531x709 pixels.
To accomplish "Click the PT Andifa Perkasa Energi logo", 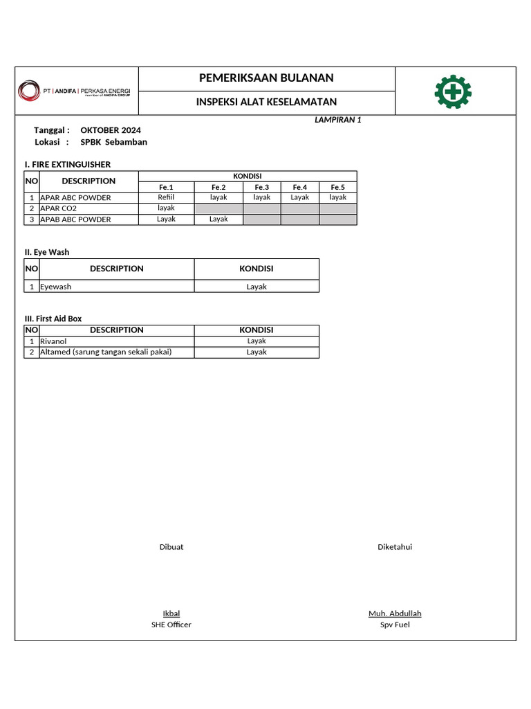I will (76, 91).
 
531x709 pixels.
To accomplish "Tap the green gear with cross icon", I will (453, 91).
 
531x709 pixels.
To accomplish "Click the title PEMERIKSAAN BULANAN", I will (266, 78).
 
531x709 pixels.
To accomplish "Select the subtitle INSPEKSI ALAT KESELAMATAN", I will (266, 102).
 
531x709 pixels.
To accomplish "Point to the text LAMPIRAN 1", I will (338, 120).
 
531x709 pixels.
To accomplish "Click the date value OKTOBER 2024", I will (111, 130).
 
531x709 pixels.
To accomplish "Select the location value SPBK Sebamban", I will (113, 142).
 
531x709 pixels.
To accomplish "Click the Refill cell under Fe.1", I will (166, 197).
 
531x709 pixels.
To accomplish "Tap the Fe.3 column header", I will (262, 187).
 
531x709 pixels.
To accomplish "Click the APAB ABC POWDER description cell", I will (75, 219).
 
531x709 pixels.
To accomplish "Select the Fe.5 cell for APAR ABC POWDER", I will (337, 197).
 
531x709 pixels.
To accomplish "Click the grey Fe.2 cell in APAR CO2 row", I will (218, 208).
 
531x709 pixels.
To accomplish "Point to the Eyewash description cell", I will (56, 287).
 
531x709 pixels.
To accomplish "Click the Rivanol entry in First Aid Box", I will (53, 341).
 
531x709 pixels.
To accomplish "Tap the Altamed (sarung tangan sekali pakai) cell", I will (106, 352).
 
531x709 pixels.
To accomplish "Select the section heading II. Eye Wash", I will (47, 252).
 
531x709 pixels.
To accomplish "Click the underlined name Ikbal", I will (171, 613).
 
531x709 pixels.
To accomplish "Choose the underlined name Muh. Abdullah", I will (395, 613).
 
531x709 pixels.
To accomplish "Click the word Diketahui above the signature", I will (395, 547).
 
